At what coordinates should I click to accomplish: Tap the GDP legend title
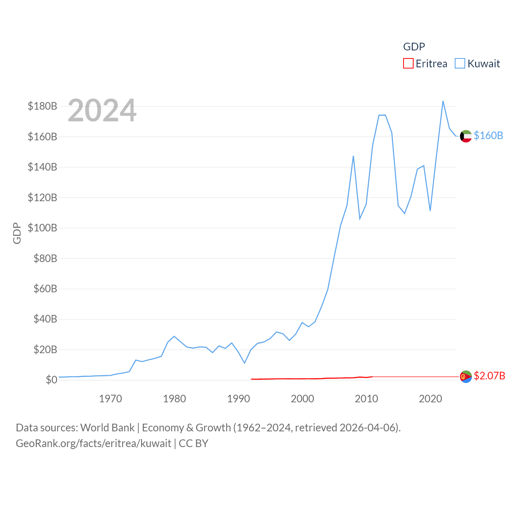pyautogui.click(x=414, y=47)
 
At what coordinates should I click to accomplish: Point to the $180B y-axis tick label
pyautogui.click(x=42, y=106)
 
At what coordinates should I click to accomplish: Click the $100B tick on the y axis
pyautogui.click(x=42, y=228)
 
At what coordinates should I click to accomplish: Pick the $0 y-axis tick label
pyautogui.click(x=51, y=380)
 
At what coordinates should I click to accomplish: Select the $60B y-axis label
pyautogui.click(x=45, y=289)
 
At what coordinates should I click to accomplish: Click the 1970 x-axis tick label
pyautogui.click(x=110, y=399)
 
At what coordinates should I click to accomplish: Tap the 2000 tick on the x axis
pyautogui.click(x=302, y=399)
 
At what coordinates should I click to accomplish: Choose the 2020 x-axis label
pyautogui.click(x=431, y=399)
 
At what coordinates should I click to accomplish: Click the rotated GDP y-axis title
pyautogui.click(x=17, y=233)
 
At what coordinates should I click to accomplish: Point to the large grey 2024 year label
pyautogui.click(x=102, y=110)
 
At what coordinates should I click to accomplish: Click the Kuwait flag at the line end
pyautogui.click(x=466, y=136)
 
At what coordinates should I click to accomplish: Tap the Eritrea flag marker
pyautogui.click(x=466, y=377)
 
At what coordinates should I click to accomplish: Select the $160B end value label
pyautogui.click(x=488, y=135)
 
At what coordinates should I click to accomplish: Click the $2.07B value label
pyautogui.click(x=489, y=376)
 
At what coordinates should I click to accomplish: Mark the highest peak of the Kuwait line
pyautogui.click(x=443, y=101)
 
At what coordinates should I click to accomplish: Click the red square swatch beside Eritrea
pyautogui.click(x=408, y=64)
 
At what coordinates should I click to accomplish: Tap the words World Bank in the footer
pyautogui.click(x=107, y=427)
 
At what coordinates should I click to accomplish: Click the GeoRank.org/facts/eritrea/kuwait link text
pyautogui.click(x=94, y=443)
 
